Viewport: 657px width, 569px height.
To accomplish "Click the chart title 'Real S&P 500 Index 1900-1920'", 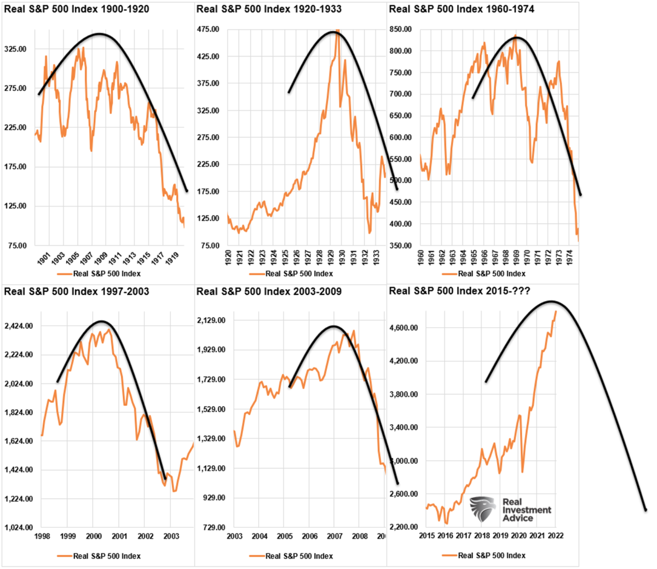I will pos(77,9).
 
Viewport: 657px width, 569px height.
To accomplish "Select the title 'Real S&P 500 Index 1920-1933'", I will pos(269,9).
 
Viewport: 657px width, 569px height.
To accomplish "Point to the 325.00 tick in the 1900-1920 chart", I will pos(15,49).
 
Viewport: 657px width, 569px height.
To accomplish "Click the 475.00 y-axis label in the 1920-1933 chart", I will pos(208,30).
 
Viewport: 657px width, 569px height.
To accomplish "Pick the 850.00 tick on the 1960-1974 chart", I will pos(400,30).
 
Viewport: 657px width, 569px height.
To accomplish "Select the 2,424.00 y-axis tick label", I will pos(19,326).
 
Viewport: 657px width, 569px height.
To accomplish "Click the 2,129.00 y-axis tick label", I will pos(211,320).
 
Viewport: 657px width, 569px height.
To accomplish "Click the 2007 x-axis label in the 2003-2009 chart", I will pos(334,536).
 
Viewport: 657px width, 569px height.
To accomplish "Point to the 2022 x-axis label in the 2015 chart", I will pos(555,536).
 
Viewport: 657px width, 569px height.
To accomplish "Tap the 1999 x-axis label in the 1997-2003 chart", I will pos(67,536).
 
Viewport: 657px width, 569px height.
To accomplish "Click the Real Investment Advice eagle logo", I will pos(482,509).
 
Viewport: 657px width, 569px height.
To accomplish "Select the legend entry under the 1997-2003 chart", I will pos(99,556).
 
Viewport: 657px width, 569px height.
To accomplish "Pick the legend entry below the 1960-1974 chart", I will pos(484,274).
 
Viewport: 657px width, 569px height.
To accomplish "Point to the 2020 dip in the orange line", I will pos(522,471).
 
